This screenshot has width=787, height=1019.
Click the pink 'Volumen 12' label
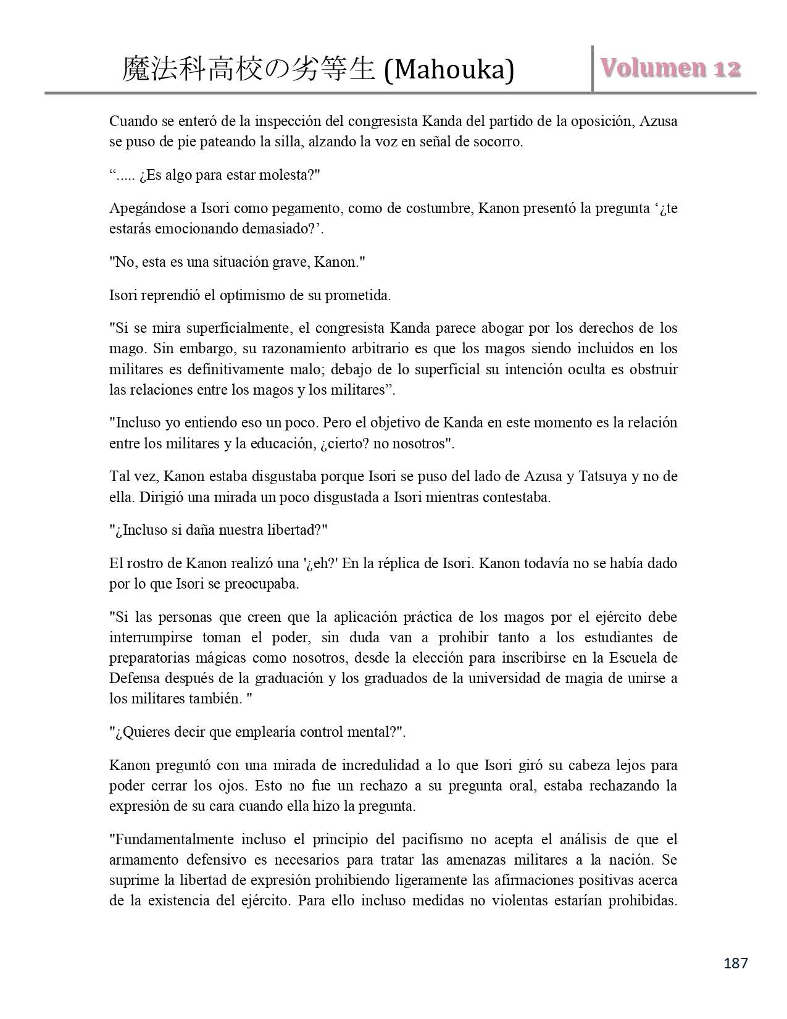click(670, 69)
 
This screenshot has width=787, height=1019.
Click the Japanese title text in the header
click(249, 69)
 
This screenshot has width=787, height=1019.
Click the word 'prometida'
click(362, 295)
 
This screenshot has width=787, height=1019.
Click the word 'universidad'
click(499, 678)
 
